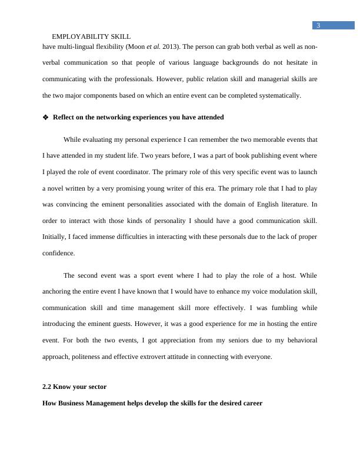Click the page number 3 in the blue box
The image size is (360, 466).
click(x=318, y=25)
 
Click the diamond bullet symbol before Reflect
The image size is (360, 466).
click(x=45, y=117)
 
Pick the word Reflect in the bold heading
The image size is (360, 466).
click(x=64, y=117)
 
